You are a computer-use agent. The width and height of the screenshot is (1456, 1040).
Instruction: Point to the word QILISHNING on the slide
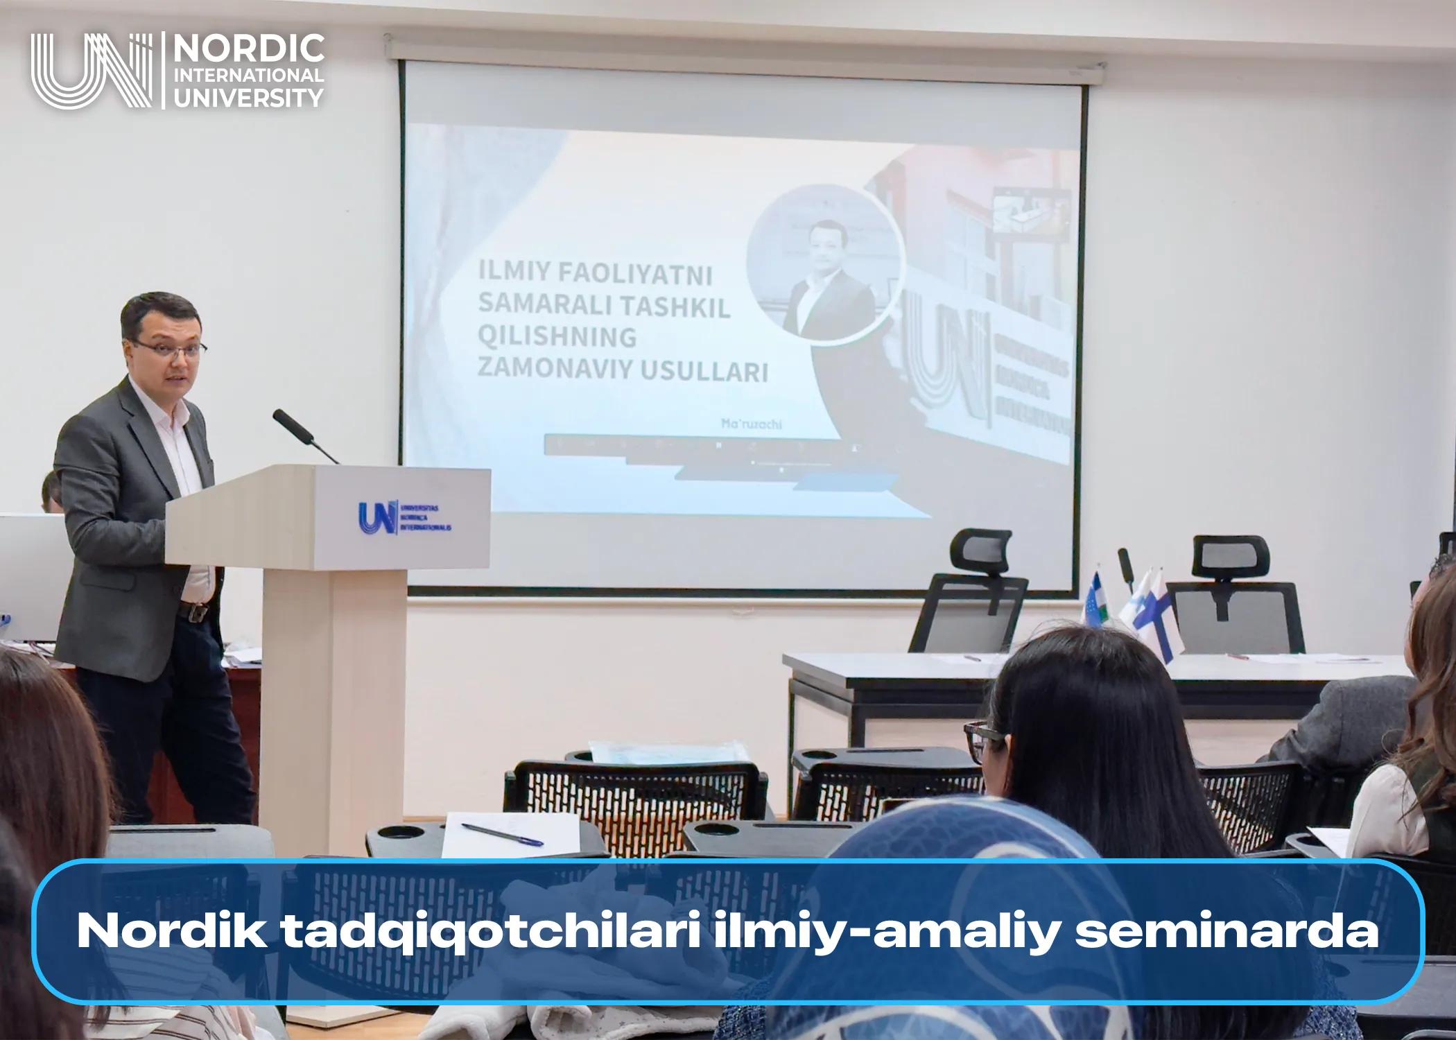(x=557, y=338)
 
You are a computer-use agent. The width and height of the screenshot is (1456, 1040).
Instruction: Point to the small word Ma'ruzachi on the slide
(x=751, y=424)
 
